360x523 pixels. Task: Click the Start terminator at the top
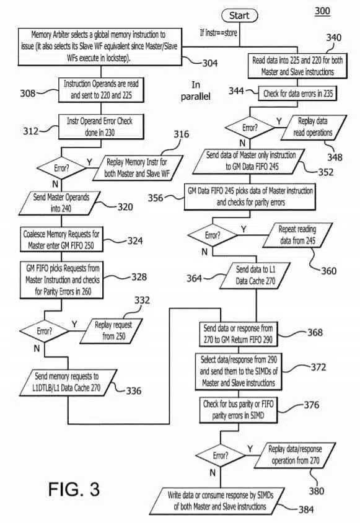pyautogui.click(x=239, y=15)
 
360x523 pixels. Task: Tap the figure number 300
pyautogui.click(x=322, y=11)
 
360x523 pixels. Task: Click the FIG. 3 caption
pyautogui.click(x=74, y=490)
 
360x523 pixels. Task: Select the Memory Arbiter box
pyautogui.click(x=100, y=46)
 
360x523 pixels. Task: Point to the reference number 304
pyautogui.click(x=210, y=63)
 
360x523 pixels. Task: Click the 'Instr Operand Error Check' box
pyautogui.click(x=101, y=127)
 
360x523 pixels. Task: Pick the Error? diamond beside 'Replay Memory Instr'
pyautogui.click(x=61, y=168)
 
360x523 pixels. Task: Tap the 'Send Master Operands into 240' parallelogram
pyautogui.click(x=60, y=203)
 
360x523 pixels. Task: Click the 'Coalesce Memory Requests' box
pyautogui.click(x=61, y=239)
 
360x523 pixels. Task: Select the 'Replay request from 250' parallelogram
pyautogui.click(x=112, y=330)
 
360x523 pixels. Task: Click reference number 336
pyautogui.click(x=133, y=390)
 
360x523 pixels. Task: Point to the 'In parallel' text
pyautogui.click(x=196, y=90)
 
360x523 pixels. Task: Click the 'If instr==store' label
pyautogui.click(x=218, y=33)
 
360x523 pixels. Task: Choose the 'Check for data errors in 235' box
pyautogui.click(x=297, y=94)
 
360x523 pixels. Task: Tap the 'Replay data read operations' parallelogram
pyautogui.click(x=314, y=127)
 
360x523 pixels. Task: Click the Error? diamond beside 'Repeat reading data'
pyautogui.click(x=213, y=235)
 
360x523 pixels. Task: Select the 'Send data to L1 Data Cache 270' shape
pyautogui.click(x=256, y=275)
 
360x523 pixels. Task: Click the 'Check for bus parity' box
pyautogui.click(x=239, y=410)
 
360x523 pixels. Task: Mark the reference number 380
pyautogui.click(x=316, y=491)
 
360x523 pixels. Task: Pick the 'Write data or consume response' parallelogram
pyautogui.click(x=221, y=501)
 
